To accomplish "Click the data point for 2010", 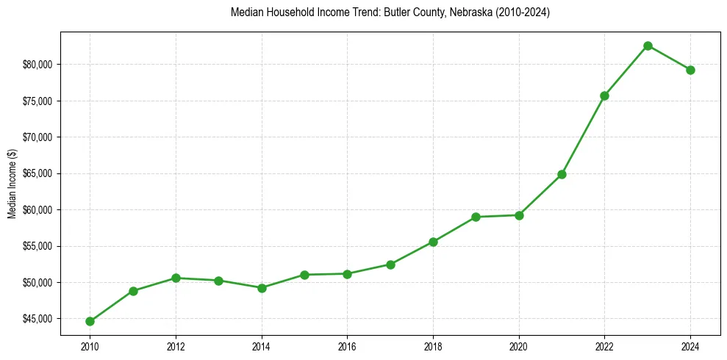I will click(x=90, y=321).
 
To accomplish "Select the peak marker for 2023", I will click(x=648, y=46).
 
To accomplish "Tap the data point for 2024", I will click(x=690, y=70).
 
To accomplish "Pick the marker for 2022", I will click(x=604, y=96).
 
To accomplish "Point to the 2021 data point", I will click(x=562, y=174).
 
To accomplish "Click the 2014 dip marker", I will click(x=261, y=288).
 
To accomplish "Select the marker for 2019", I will click(x=476, y=217).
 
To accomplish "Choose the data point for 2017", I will click(x=390, y=264).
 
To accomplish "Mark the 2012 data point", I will click(x=176, y=278).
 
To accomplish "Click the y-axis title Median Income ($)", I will click(x=12, y=184).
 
